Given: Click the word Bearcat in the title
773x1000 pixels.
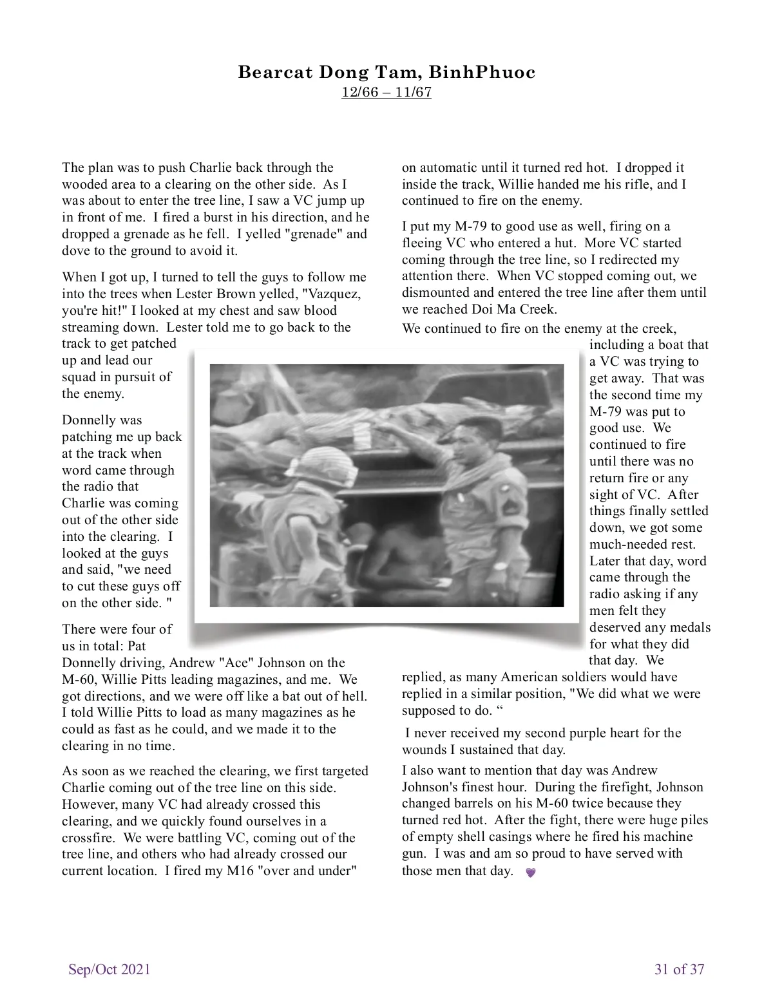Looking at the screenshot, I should [274, 72].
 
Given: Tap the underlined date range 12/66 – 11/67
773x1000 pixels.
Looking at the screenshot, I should [386, 92].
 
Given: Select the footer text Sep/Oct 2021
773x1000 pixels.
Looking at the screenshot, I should [110, 969].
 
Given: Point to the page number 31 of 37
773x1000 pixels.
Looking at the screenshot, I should [680, 969].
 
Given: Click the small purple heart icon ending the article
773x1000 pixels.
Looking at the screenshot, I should [531, 873].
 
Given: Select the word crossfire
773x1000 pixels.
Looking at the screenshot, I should [87, 838].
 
